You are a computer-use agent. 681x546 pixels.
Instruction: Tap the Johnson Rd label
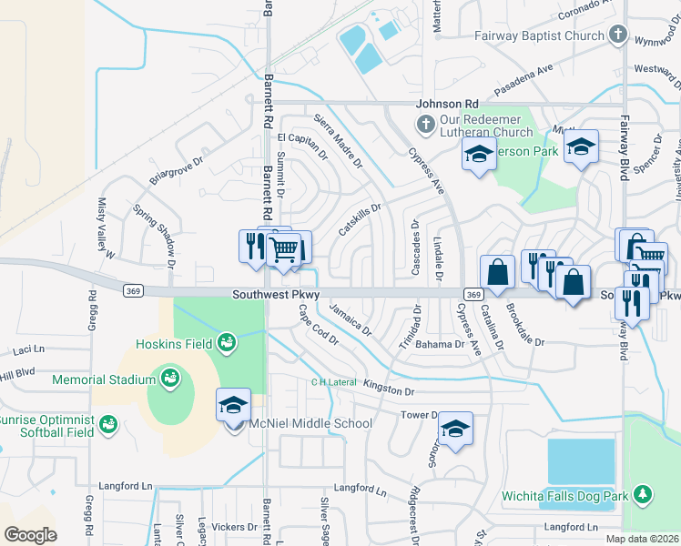(447, 105)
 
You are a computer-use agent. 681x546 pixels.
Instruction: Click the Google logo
(29, 535)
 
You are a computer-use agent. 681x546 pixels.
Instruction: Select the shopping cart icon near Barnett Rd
(285, 248)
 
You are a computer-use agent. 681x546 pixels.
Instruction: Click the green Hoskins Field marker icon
(227, 343)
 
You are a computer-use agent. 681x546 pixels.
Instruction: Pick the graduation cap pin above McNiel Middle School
(233, 405)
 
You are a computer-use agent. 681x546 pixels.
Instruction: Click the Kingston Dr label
(388, 389)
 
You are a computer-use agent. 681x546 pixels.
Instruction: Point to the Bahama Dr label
(440, 345)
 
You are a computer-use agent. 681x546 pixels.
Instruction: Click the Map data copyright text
(643, 539)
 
